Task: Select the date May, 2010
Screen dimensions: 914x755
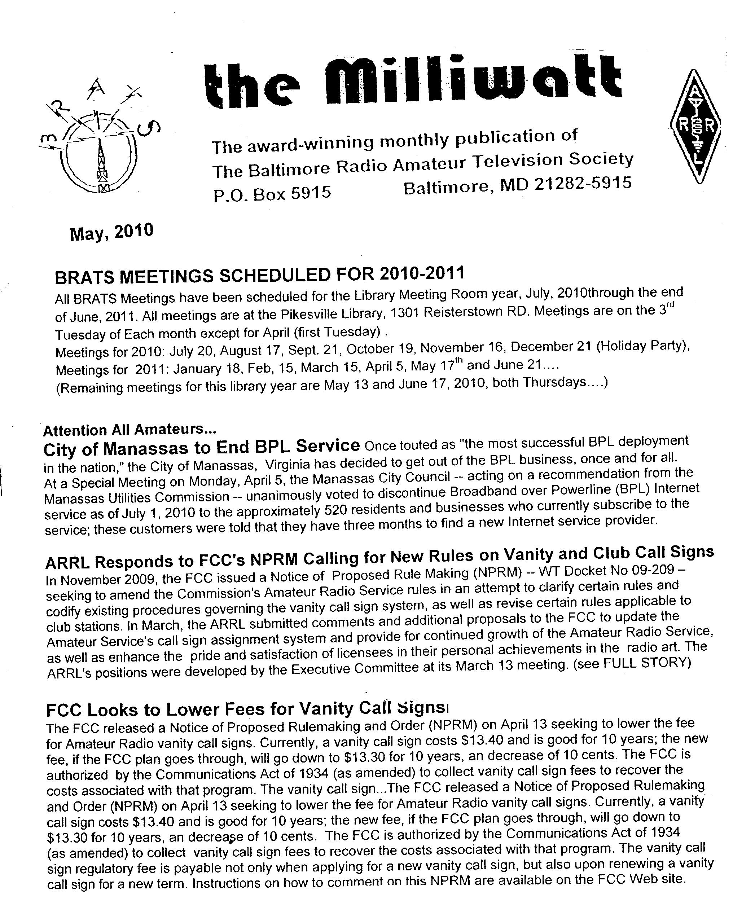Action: point(111,232)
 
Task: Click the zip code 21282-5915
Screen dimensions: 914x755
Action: point(583,184)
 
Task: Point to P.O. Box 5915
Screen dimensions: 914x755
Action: point(272,193)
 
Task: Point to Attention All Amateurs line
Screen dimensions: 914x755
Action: point(130,430)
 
